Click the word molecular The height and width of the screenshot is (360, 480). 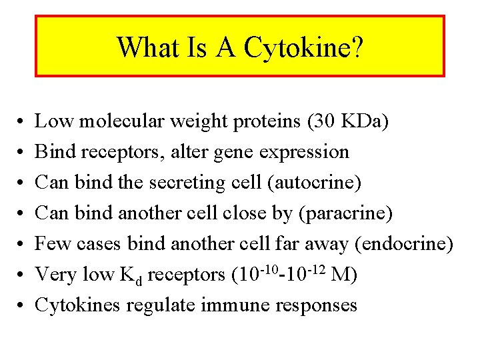point(118,121)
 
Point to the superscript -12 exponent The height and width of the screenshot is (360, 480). point(317,268)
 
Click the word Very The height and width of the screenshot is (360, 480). point(54,275)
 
